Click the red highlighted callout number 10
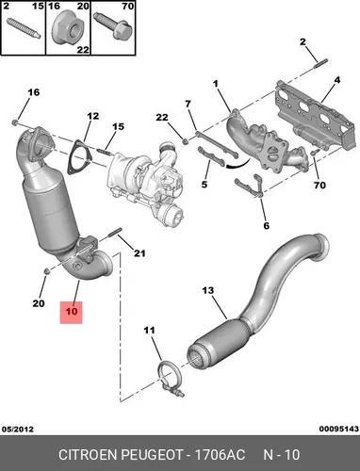coord(72,312)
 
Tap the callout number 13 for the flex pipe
coord(207,290)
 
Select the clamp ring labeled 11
coord(170,380)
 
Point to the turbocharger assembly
coord(146,186)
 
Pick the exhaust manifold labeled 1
coord(266,141)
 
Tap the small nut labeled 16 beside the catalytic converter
coord(15,122)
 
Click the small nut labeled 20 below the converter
coord(46,270)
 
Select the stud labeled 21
coord(115,232)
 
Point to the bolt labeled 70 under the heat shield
coord(313,152)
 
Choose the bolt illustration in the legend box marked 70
coord(113,25)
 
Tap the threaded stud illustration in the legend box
coord(24,28)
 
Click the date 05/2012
coord(18,429)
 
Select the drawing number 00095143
coord(339,429)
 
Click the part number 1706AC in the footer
coord(220,455)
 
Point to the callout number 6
coord(267,225)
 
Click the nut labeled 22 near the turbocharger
coord(185,141)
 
